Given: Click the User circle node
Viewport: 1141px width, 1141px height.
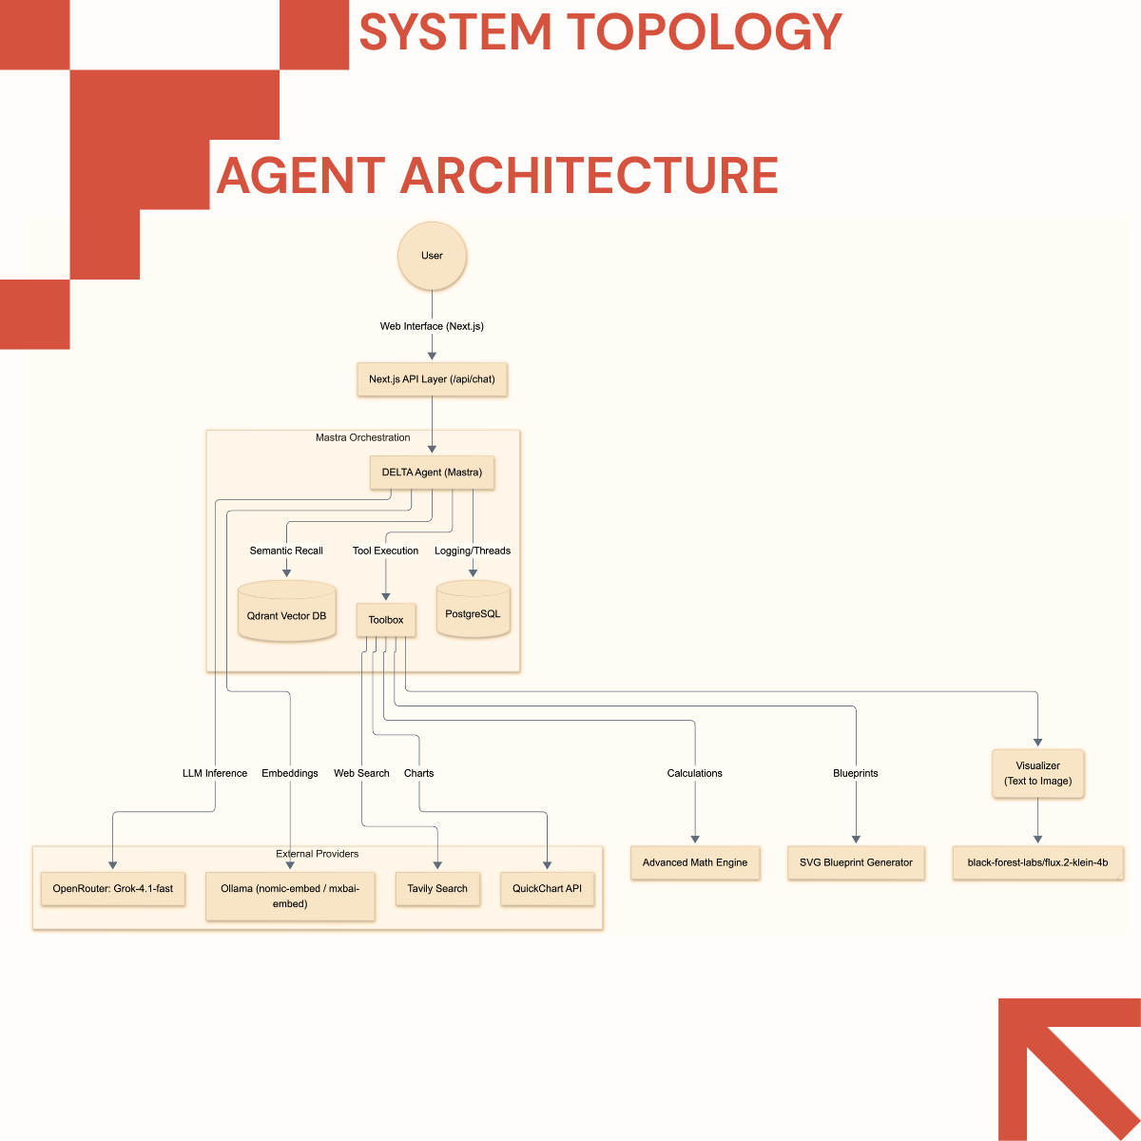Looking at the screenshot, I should (x=432, y=256).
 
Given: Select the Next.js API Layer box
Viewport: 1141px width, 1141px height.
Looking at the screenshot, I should (x=432, y=379).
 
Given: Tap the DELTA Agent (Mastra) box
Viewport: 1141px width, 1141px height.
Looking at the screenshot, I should (x=432, y=473).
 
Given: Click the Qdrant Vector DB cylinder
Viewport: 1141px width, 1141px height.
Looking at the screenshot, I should (x=286, y=613).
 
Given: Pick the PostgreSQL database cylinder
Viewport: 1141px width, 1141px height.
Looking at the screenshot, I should (x=473, y=611).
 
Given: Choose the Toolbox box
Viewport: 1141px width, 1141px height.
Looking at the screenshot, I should (x=386, y=620).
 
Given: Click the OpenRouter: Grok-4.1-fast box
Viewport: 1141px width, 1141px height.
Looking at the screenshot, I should (x=113, y=889).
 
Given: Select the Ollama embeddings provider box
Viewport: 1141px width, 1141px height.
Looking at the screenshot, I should (x=290, y=896).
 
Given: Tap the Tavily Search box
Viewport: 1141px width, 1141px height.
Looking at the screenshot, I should (x=437, y=889).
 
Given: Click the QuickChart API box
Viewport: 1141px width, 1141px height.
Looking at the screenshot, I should (x=547, y=889).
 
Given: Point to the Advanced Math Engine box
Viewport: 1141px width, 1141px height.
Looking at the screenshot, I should (x=695, y=863).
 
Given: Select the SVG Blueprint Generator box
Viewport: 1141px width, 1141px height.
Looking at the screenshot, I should (x=856, y=863).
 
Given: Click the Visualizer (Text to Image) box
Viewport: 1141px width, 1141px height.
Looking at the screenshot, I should (x=1037, y=773).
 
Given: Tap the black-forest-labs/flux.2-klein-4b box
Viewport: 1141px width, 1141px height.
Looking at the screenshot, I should (x=1037, y=863).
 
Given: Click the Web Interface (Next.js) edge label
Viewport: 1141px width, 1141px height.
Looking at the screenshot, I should (x=432, y=326).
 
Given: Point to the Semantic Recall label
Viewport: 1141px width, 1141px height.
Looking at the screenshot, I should (x=286, y=551).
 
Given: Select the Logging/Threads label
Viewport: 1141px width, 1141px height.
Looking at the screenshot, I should (x=473, y=551).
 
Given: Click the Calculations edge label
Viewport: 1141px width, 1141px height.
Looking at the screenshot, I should (x=695, y=773).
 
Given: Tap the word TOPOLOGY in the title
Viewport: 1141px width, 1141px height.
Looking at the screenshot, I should (x=705, y=32).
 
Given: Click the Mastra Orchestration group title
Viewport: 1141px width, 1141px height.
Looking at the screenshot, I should (x=363, y=438).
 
